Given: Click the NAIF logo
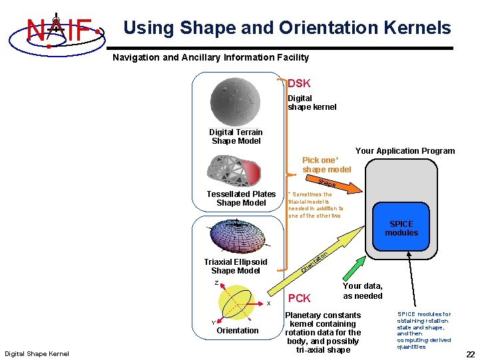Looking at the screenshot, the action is click(x=59, y=30).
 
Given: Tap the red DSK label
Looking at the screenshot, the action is click(x=299, y=83).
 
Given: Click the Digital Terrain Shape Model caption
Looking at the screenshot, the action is click(x=236, y=136).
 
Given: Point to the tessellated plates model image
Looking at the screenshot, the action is click(x=236, y=168).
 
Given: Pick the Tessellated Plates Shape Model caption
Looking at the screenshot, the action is click(x=241, y=198).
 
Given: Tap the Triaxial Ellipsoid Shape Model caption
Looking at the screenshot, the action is click(x=236, y=266).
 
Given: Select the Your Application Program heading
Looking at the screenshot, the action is click(x=405, y=151).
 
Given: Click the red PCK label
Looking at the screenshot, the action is click(x=299, y=297).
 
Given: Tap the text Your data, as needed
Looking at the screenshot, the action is click(x=363, y=291).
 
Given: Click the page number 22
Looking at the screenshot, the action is click(x=470, y=354).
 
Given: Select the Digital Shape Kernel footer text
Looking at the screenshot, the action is click(x=37, y=353).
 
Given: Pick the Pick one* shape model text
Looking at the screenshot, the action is click(x=326, y=164).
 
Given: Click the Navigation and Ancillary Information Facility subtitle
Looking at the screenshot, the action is click(x=210, y=57).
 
